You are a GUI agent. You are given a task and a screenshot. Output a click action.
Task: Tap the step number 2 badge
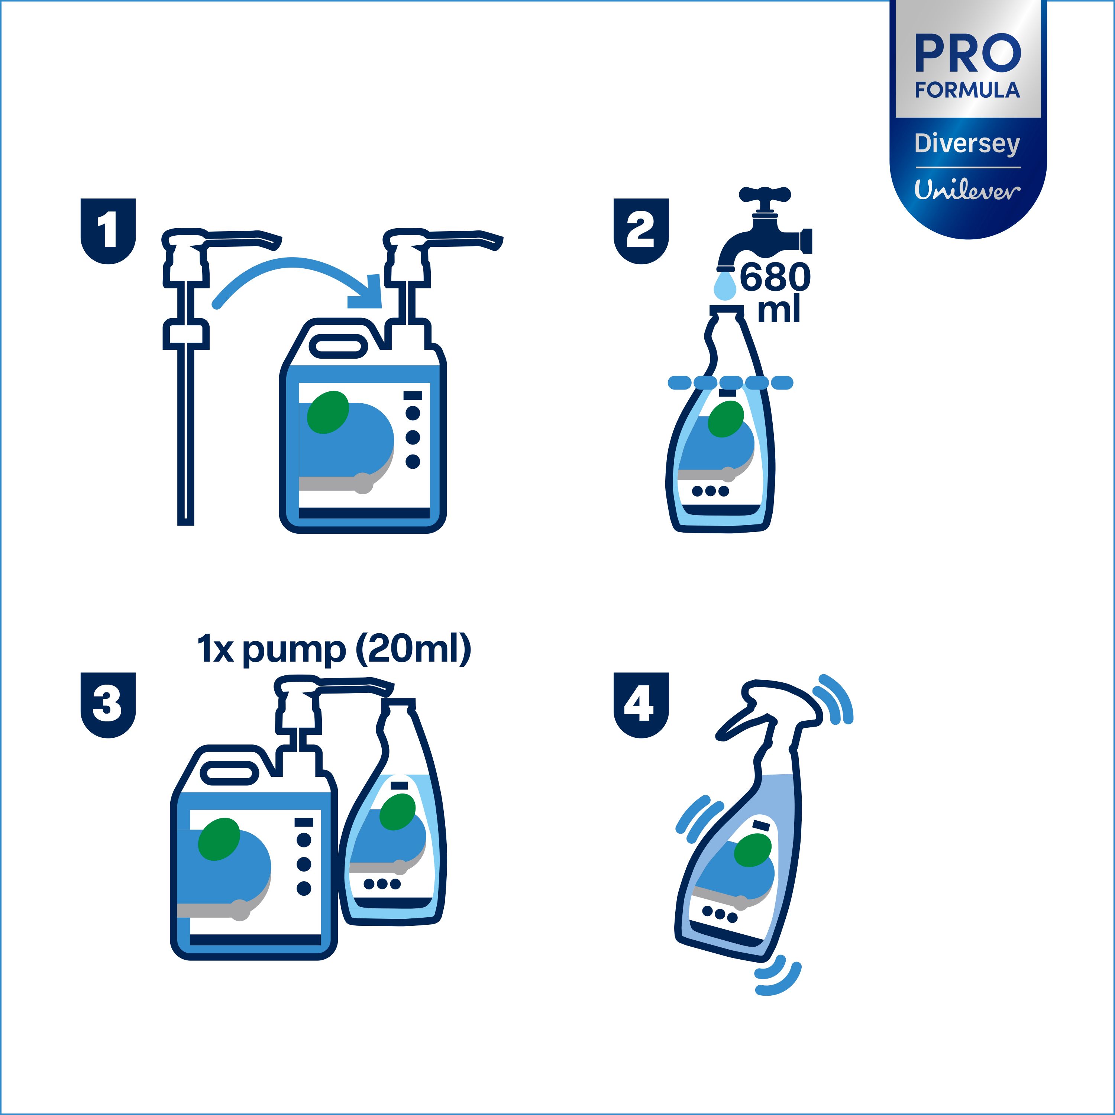641,231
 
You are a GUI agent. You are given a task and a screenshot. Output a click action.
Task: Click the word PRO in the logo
968,54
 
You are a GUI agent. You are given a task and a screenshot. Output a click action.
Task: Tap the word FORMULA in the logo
968,90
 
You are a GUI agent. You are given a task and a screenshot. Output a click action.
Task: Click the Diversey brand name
968,144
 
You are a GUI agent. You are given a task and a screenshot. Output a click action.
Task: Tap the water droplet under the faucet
725,286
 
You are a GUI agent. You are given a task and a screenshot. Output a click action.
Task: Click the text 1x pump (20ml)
334,650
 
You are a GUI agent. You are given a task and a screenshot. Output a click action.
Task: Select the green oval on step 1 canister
328,412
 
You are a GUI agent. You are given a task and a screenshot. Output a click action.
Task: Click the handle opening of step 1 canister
339,346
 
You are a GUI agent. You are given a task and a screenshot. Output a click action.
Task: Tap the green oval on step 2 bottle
725,418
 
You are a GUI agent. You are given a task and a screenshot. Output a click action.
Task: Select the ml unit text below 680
779,310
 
